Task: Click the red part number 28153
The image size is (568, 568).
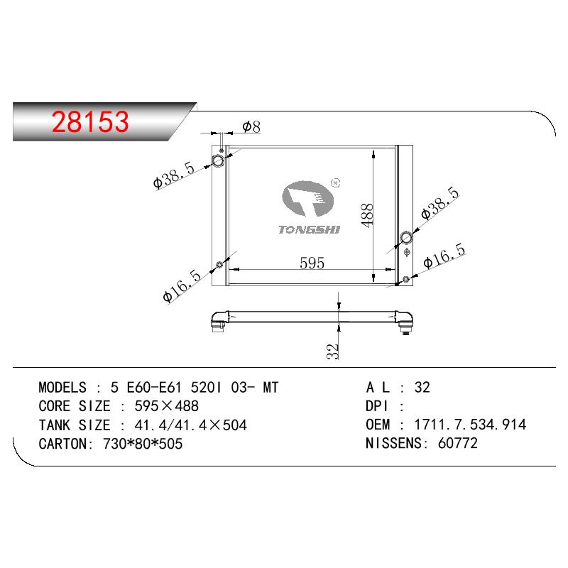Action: [x=90, y=121]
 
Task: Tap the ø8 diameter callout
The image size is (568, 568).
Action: [x=251, y=127]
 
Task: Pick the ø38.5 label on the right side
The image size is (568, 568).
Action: [x=440, y=203]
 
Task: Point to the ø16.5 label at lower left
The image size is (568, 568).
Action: [x=182, y=286]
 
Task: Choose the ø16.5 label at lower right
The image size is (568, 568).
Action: [x=444, y=256]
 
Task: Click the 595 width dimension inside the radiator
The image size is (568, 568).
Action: [x=312, y=263]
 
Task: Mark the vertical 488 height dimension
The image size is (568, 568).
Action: [x=367, y=216]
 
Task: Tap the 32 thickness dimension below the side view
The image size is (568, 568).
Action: [x=332, y=351]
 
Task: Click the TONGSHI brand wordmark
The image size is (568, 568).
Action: [x=310, y=229]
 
